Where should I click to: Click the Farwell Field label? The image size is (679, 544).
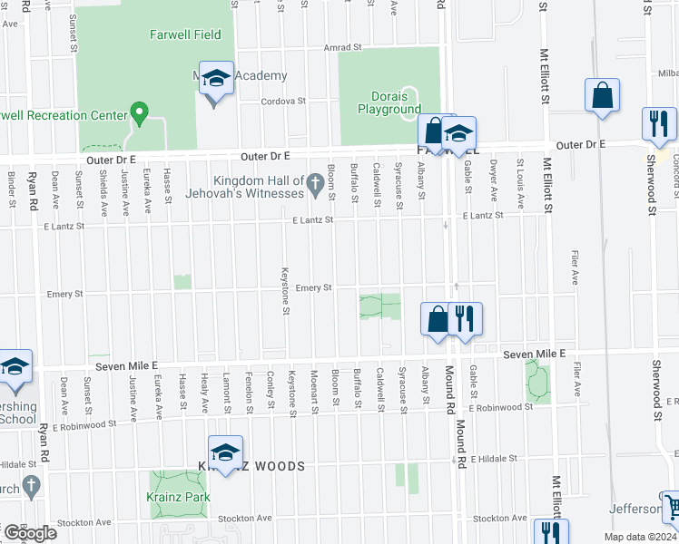185,34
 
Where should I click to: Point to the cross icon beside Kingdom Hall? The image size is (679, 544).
315,185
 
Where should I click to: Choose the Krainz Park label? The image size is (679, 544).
178,497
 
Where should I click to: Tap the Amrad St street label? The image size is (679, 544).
344,47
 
